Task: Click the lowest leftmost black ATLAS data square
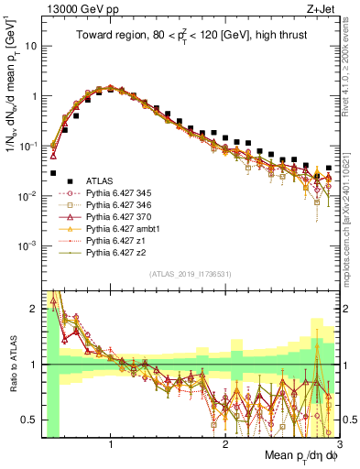pyautogui.click(x=54, y=172)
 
